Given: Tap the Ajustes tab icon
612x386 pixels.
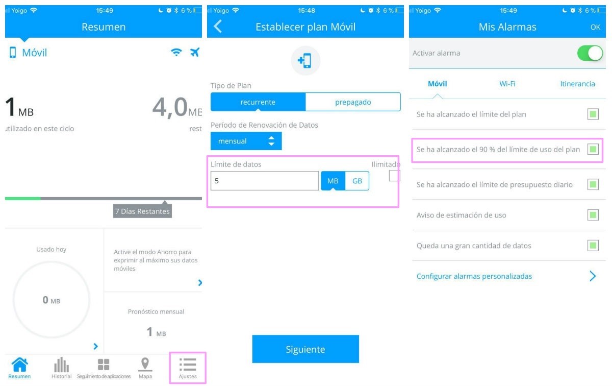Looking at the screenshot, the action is (188, 365).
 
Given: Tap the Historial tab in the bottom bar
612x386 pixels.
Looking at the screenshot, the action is (62, 368).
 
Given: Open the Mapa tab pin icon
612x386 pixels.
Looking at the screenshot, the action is (145, 364).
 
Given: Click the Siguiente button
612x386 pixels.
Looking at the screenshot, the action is (305, 349).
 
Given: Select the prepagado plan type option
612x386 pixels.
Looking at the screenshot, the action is (353, 102).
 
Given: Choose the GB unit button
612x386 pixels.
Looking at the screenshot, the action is (357, 181).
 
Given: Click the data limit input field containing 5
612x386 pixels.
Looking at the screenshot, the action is (265, 181).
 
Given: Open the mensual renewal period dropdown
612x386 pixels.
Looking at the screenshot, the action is (246, 141).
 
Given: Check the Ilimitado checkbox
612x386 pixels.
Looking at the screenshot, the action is (394, 176).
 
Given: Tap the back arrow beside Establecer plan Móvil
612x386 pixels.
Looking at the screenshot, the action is (218, 27).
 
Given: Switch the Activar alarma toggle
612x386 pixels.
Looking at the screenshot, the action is (590, 53).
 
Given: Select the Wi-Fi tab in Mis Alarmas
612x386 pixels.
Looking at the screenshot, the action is (507, 84).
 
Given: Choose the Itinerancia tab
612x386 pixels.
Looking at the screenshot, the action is (577, 84).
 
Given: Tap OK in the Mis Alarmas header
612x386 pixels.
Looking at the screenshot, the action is (595, 27).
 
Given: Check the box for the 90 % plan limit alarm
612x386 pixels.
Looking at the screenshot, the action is (593, 150).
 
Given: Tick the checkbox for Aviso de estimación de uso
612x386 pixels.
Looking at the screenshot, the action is (593, 215).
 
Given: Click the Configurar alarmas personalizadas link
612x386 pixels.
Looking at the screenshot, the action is (474, 276).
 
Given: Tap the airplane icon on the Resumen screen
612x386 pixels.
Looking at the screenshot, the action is (195, 52).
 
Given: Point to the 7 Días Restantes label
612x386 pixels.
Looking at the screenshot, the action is (142, 211).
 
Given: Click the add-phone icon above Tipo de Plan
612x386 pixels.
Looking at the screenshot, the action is (304, 60).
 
